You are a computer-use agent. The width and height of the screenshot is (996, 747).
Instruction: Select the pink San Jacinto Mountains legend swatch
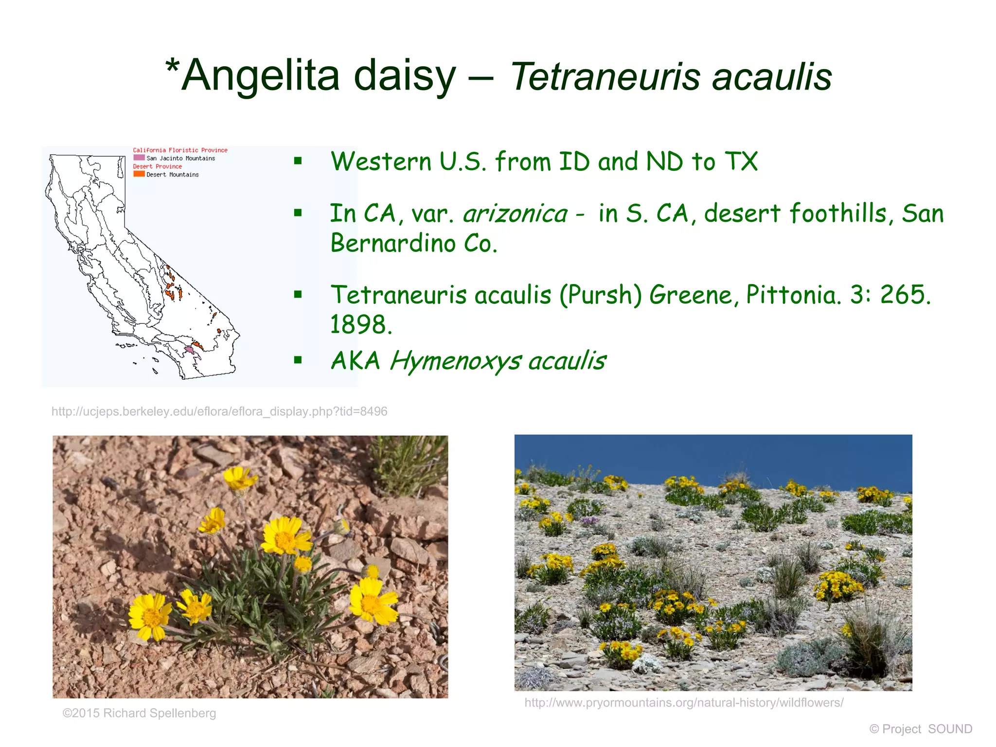point(139,158)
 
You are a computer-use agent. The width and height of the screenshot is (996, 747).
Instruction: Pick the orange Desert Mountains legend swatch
point(139,174)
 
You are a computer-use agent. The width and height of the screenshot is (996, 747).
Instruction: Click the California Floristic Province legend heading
point(180,150)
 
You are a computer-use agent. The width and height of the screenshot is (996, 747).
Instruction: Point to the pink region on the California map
point(189,350)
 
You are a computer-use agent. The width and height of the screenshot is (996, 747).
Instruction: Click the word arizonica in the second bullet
point(515,214)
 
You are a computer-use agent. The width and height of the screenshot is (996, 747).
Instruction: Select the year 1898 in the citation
point(360,324)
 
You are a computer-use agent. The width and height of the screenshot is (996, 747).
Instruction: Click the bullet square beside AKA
point(298,360)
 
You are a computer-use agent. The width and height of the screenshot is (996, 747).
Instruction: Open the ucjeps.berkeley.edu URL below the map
point(219,411)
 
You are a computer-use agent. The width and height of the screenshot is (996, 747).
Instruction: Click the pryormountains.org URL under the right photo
point(684,702)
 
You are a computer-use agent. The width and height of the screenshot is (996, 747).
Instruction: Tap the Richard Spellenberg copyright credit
point(139,713)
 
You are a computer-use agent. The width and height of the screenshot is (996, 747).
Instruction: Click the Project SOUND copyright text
point(921,729)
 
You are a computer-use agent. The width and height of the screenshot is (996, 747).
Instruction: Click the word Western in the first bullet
point(381,161)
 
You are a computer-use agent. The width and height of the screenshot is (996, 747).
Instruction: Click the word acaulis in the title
point(772,77)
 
